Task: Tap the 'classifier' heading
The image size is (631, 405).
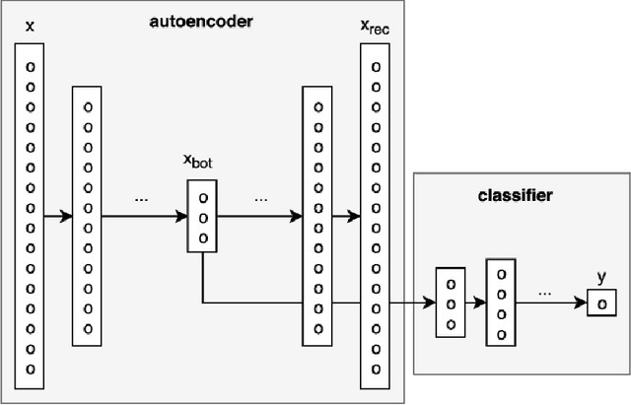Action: tap(516, 195)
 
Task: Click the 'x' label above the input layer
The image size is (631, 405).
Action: tap(30, 26)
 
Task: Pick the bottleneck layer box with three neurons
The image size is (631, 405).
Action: tap(202, 216)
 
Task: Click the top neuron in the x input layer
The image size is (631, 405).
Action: tap(30, 66)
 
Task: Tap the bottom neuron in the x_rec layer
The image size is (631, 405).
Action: tap(374, 369)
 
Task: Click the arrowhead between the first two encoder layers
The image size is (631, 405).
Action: tap(66, 216)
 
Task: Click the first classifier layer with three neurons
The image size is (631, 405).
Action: tap(451, 302)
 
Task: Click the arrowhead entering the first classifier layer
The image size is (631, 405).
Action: tap(430, 303)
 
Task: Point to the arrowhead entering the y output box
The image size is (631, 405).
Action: tap(582, 303)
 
